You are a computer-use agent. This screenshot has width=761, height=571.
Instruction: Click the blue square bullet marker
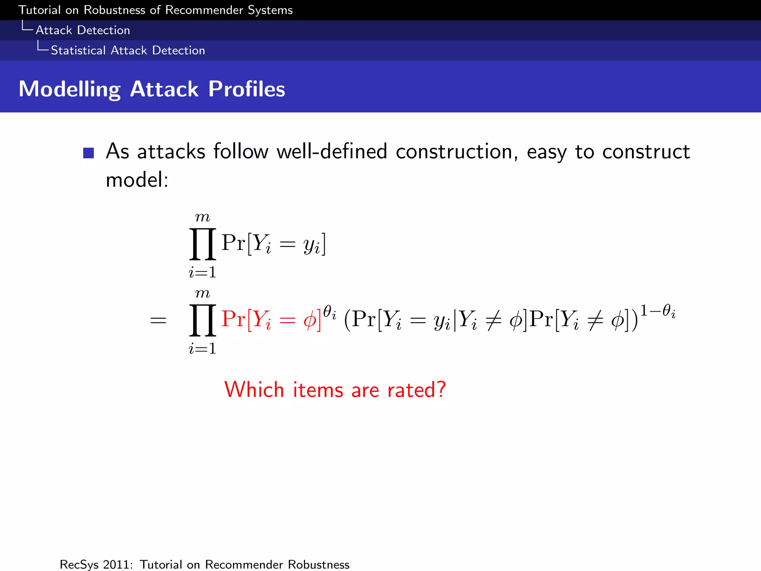click(88, 153)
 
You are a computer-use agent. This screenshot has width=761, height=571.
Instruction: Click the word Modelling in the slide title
click(69, 90)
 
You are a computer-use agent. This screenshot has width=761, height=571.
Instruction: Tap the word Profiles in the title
click(246, 89)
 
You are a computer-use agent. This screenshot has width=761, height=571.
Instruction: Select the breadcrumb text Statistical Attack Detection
click(128, 51)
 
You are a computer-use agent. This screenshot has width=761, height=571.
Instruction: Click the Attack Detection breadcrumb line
click(83, 30)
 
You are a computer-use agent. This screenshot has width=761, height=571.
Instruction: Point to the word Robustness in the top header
click(114, 10)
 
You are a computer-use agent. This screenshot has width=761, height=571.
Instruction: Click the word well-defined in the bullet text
click(332, 152)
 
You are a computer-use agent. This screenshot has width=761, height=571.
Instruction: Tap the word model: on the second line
click(137, 180)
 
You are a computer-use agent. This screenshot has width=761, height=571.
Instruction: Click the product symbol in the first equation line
click(203, 244)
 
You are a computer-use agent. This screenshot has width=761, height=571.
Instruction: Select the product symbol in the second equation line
click(203, 320)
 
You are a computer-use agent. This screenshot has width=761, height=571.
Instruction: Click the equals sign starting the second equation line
click(158, 320)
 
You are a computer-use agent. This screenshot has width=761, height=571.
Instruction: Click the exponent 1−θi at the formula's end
click(657, 311)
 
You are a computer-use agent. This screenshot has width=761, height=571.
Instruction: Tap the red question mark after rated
click(441, 390)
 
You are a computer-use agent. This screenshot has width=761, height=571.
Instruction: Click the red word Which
click(254, 390)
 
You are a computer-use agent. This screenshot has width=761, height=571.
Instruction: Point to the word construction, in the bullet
click(457, 152)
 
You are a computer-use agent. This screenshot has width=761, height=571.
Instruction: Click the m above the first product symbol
click(203, 217)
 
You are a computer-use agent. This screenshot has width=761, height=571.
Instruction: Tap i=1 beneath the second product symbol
click(203, 349)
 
